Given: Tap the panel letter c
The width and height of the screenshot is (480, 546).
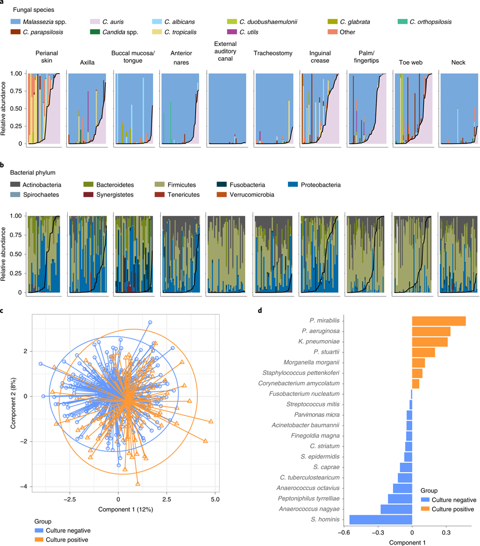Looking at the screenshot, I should pos(3,311).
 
